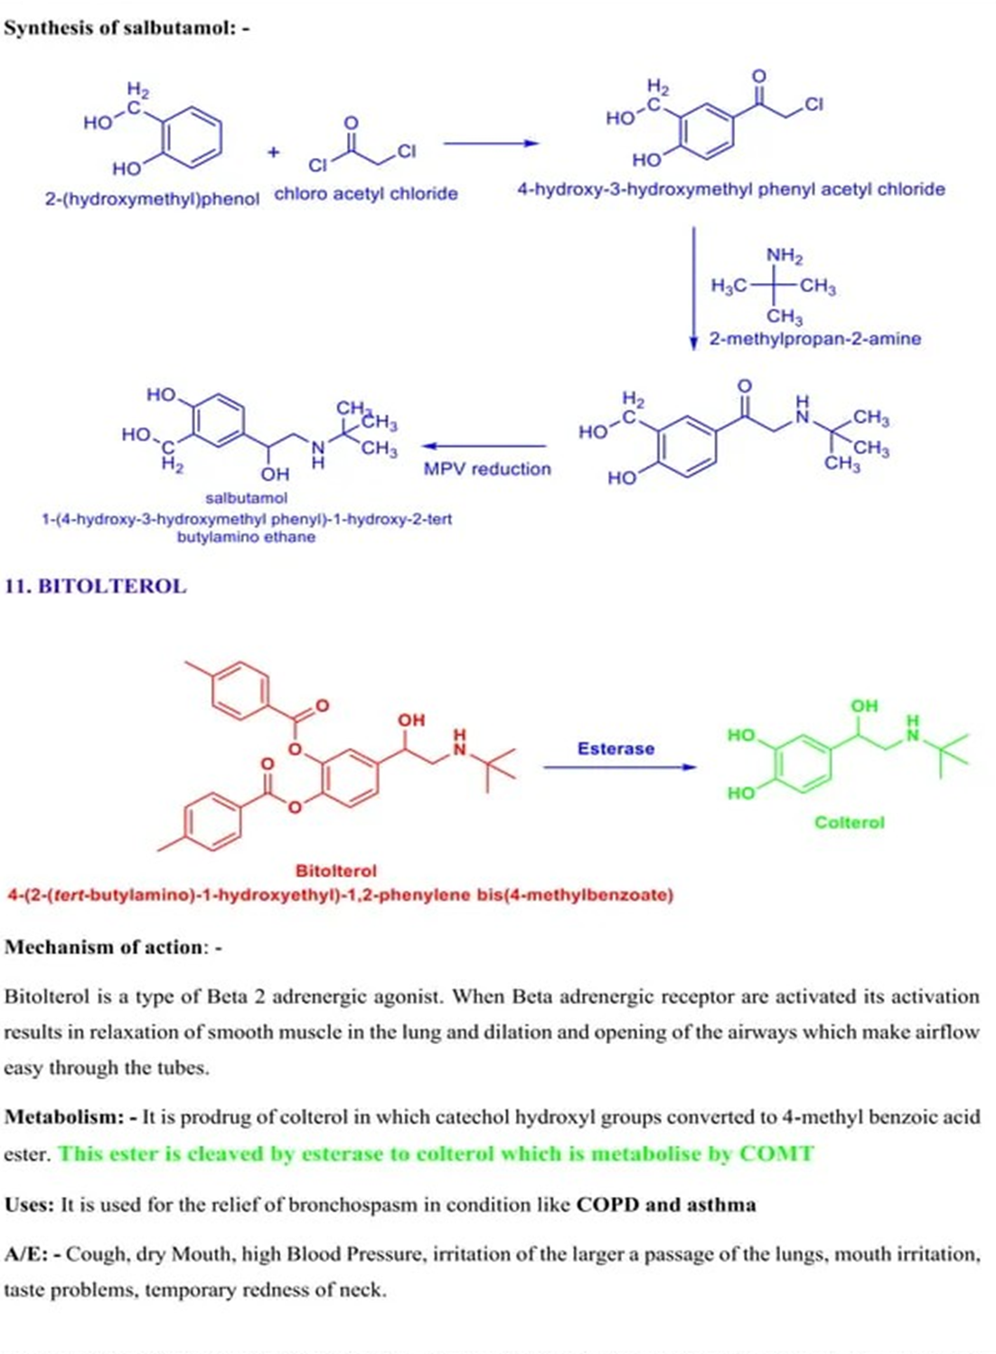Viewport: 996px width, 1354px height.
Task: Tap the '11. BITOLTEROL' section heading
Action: (96, 586)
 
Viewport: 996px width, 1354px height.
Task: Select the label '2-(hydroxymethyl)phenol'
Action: (152, 198)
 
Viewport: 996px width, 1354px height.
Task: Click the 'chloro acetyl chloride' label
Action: (366, 193)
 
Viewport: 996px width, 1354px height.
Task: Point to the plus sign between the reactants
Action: (274, 152)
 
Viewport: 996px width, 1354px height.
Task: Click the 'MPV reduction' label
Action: (487, 468)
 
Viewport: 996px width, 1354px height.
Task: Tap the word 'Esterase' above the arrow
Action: (615, 748)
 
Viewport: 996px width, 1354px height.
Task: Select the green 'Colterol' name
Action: (849, 823)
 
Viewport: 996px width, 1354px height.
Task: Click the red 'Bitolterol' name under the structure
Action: (335, 870)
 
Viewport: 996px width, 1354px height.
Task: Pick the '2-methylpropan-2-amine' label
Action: (815, 339)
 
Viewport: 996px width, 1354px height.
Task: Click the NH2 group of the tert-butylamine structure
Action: (785, 256)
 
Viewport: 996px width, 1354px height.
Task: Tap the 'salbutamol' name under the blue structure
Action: (246, 498)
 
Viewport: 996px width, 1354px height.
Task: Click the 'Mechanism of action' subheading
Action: (108, 947)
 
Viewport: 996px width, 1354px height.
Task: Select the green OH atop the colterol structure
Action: (864, 706)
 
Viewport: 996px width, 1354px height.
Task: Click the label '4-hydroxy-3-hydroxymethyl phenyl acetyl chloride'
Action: (730, 190)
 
